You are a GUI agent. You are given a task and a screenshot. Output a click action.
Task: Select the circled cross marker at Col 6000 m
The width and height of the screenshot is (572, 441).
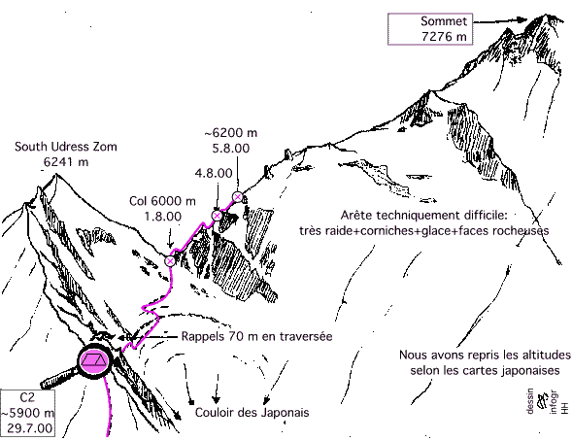point(170,261)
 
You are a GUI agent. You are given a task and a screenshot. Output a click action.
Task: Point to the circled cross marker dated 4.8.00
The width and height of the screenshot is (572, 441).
point(218,216)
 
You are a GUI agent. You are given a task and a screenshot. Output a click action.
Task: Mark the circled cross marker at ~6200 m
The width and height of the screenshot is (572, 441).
point(238,197)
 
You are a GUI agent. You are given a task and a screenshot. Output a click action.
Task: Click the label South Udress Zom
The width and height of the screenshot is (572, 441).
point(66,147)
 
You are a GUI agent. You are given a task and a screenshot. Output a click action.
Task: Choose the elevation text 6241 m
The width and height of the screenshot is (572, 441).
point(66,161)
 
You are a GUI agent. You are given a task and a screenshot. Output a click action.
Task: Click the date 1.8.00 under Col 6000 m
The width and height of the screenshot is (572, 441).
point(163,217)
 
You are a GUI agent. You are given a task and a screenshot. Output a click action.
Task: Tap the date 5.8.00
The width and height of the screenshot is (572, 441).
point(231,148)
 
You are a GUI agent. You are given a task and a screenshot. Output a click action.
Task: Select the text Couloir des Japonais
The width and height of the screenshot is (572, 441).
point(252,413)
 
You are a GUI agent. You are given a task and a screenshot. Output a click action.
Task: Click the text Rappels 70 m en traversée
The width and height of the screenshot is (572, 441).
point(256,336)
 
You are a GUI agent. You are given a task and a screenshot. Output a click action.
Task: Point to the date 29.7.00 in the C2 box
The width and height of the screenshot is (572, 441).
point(29,427)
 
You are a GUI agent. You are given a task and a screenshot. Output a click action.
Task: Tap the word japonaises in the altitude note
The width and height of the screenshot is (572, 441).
point(530,371)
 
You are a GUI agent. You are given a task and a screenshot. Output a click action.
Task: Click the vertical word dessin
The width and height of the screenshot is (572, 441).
point(530,400)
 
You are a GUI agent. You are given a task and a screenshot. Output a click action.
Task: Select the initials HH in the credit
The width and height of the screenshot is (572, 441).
point(564,408)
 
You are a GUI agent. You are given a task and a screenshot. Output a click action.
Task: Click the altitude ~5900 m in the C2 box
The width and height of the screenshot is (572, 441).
point(28,413)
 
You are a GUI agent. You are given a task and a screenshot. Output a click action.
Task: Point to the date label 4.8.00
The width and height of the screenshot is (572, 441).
point(214,173)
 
